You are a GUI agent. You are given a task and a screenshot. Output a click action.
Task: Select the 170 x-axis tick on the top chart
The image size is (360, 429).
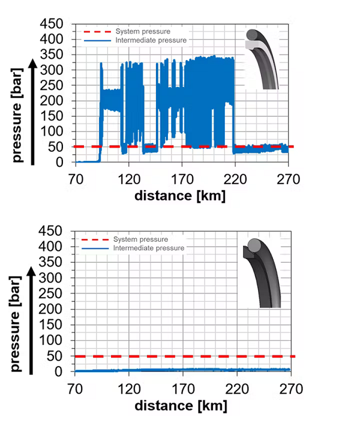[x=181, y=178]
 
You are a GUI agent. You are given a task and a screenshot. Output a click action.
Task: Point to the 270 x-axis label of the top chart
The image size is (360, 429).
[x=289, y=178]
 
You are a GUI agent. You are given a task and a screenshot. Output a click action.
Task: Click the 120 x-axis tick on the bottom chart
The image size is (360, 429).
[x=128, y=388]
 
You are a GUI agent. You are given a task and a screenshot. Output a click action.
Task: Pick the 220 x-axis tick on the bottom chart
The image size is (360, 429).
[x=236, y=388]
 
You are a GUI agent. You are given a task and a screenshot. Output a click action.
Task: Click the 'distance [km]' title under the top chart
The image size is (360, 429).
[x=180, y=196]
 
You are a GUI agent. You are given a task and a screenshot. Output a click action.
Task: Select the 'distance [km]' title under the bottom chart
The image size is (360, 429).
[x=181, y=406]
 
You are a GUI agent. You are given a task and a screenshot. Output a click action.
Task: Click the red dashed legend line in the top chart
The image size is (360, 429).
[x=94, y=31]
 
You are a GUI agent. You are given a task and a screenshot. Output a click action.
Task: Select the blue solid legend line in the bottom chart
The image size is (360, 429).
[x=94, y=248]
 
